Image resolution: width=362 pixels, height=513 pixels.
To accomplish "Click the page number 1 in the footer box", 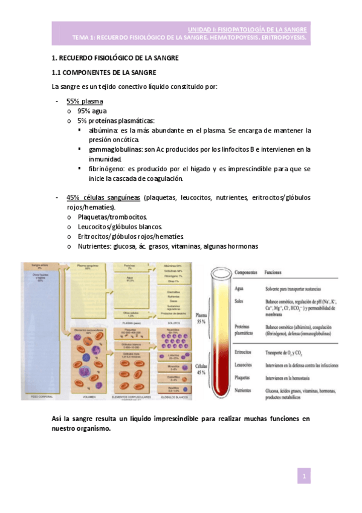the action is coord(306,477).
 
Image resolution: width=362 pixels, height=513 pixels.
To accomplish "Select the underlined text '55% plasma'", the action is coord(85,101).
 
